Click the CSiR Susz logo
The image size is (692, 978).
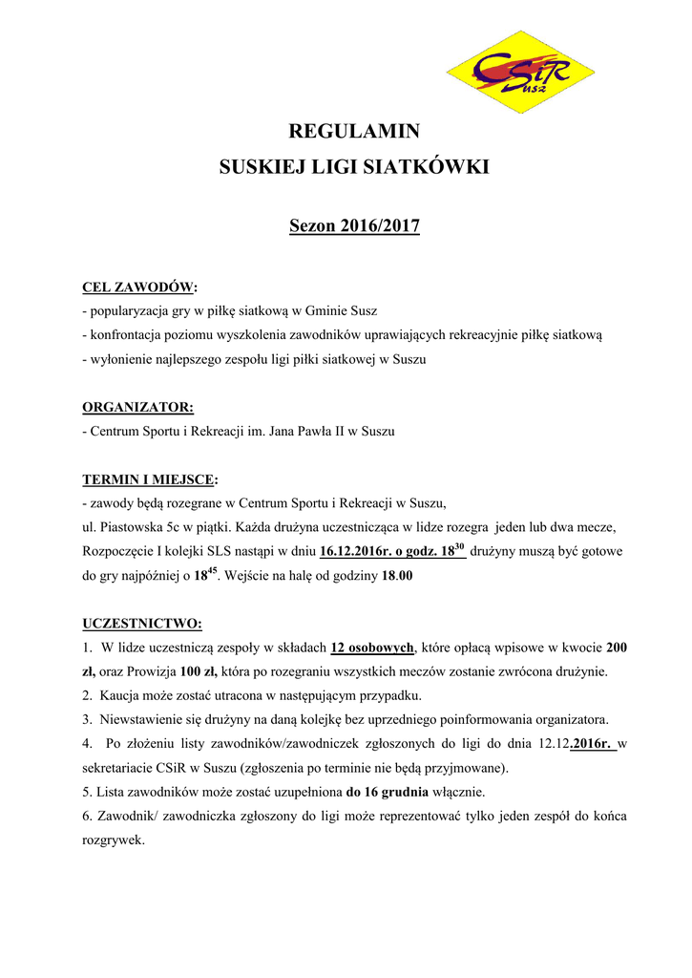(x=521, y=72)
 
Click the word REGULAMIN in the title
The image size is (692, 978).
(x=354, y=131)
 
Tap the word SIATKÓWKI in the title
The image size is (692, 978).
(x=427, y=167)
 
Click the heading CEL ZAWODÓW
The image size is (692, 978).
(x=139, y=287)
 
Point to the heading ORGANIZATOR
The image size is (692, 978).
(x=137, y=407)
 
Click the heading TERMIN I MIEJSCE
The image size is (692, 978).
(x=149, y=478)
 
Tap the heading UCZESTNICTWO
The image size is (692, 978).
(x=141, y=624)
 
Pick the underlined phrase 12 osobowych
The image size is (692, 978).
(x=372, y=648)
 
